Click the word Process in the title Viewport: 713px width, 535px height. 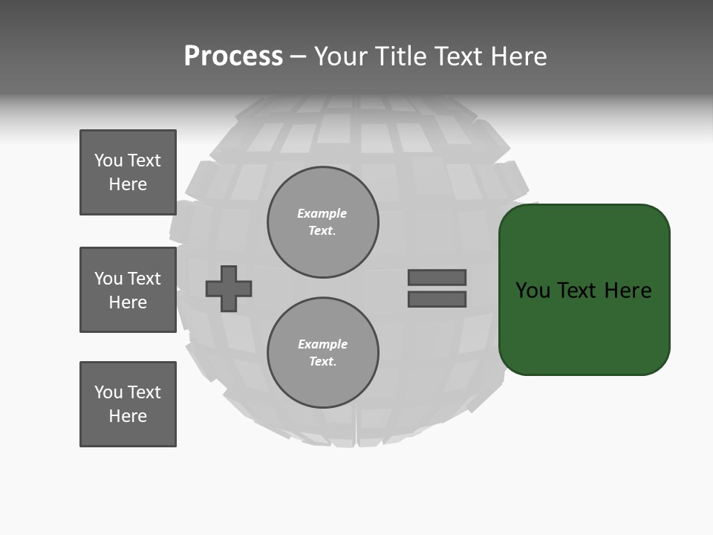pyautogui.click(x=233, y=56)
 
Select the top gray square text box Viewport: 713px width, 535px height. pyautogui.click(x=128, y=172)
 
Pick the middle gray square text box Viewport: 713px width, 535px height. pyautogui.click(x=128, y=290)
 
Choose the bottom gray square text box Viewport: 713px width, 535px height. pyautogui.click(x=128, y=404)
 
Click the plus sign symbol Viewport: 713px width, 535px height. pyautogui.click(x=229, y=288)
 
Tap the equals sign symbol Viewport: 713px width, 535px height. pyautogui.click(x=437, y=288)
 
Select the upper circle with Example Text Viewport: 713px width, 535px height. pyautogui.click(x=322, y=222)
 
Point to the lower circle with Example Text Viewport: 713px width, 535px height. pyautogui.click(x=322, y=353)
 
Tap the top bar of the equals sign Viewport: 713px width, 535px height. pyautogui.click(x=437, y=278)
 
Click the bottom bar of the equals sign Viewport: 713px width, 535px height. pyautogui.click(x=437, y=299)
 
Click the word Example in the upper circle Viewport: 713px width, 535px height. pyautogui.click(x=322, y=214)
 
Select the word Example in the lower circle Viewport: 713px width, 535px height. pyautogui.click(x=322, y=345)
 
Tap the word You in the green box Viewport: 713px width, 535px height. pyautogui.click(x=533, y=291)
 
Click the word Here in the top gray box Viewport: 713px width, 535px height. pyautogui.click(x=128, y=184)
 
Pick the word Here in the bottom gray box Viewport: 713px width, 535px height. pyautogui.click(x=128, y=416)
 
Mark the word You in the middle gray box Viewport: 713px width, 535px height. pyautogui.click(x=108, y=279)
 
